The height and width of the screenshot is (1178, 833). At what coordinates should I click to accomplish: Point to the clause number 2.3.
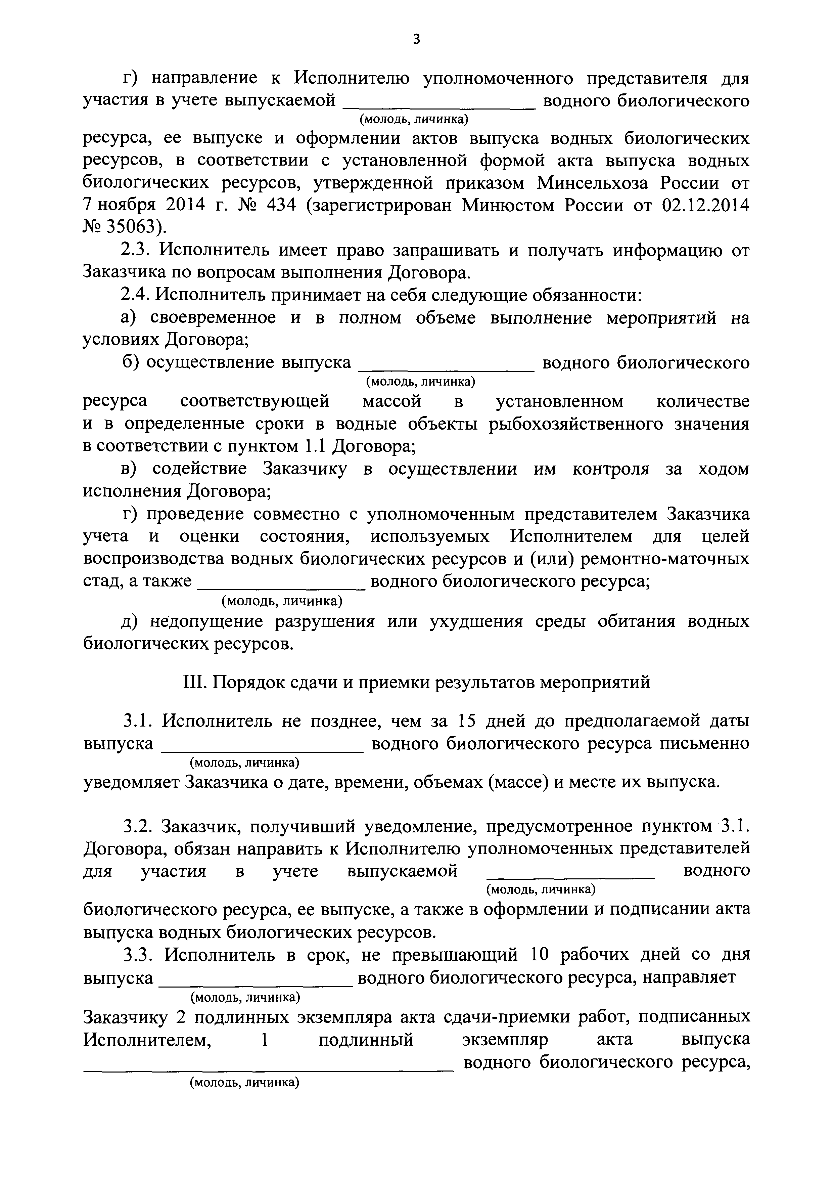click(135, 250)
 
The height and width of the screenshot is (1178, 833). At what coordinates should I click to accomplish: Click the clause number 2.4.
click(135, 295)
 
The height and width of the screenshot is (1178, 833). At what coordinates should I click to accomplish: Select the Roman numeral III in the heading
click(194, 682)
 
